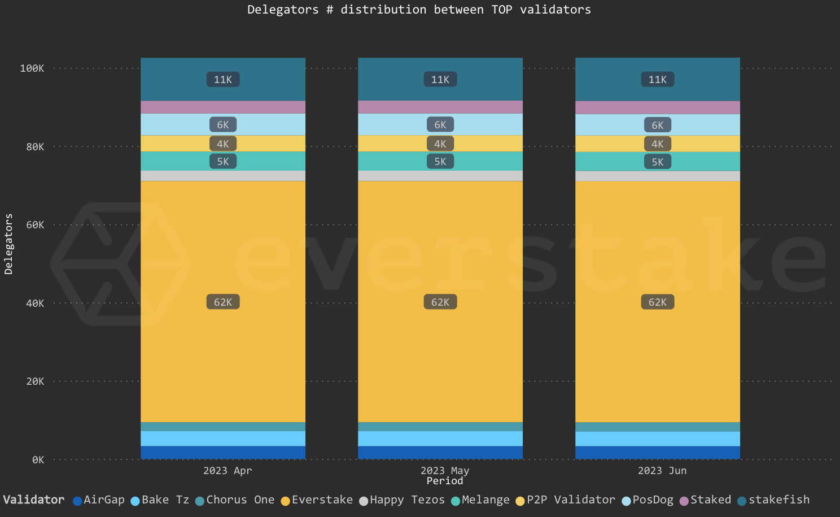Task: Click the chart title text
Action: [419, 10]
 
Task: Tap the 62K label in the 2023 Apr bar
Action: [223, 302]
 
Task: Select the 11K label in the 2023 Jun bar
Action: [658, 80]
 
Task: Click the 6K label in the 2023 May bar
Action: [440, 125]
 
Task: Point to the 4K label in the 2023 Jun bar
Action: [658, 144]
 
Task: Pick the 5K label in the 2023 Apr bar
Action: [223, 162]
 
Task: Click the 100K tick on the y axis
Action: [32, 68]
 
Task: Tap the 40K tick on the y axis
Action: [35, 303]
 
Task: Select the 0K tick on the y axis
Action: [38, 460]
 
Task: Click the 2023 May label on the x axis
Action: [445, 471]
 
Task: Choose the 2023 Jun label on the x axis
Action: [662, 471]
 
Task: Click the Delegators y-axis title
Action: [8, 244]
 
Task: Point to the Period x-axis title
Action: [445, 481]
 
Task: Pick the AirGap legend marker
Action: [78, 501]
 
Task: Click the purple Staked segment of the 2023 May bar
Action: [440, 107]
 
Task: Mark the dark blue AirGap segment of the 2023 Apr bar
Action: [223, 453]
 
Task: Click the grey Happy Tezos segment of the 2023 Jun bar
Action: [658, 176]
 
